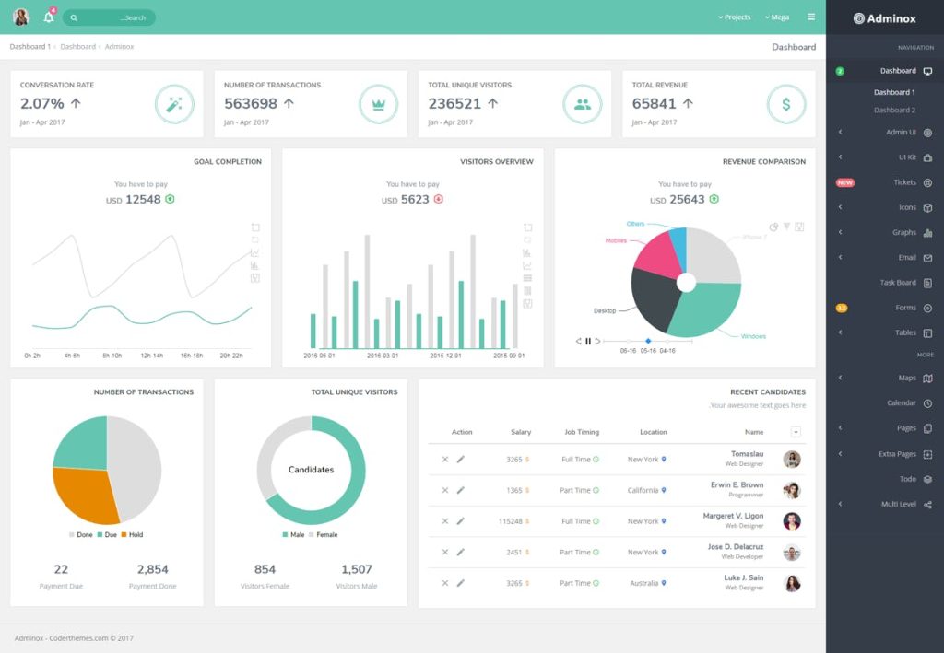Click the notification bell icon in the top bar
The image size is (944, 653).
pyautogui.click(x=49, y=17)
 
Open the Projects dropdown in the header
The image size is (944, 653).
pyautogui.click(x=735, y=17)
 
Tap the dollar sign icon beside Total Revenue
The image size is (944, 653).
pyautogui.click(x=786, y=104)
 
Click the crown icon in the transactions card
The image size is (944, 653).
pyautogui.click(x=378, y=104)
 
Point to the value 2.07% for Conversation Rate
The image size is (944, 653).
pyautogui.click(x=42, y=104)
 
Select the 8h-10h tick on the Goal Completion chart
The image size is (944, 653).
pyautogui.click(x=112, y=356)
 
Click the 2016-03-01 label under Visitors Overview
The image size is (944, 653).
pyautogui.click(x=383, y=356)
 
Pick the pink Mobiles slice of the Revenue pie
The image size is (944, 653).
pyautogui.click(x=656, y=257)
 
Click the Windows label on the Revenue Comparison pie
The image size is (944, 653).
pyautogui.click(x=753, y=336)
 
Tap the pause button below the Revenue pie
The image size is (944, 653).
pyautogui.click(x=588, y=342)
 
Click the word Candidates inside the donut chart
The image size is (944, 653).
pyautogui.click(x=311, y=470)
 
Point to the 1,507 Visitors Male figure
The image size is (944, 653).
pyautogui.click(x=357, y=569)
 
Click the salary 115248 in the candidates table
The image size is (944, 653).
pyautogui.click(x=511, y=521)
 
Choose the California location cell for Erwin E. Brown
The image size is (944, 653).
pyautogui.click(x=643, y=490)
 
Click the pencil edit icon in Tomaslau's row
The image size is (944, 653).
pyautogui.click(x=461, y=460)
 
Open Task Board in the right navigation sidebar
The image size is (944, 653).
pyautogui.click(x=898, y=283)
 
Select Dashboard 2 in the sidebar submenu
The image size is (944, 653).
pyautogui.click(x=894, y=111)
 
